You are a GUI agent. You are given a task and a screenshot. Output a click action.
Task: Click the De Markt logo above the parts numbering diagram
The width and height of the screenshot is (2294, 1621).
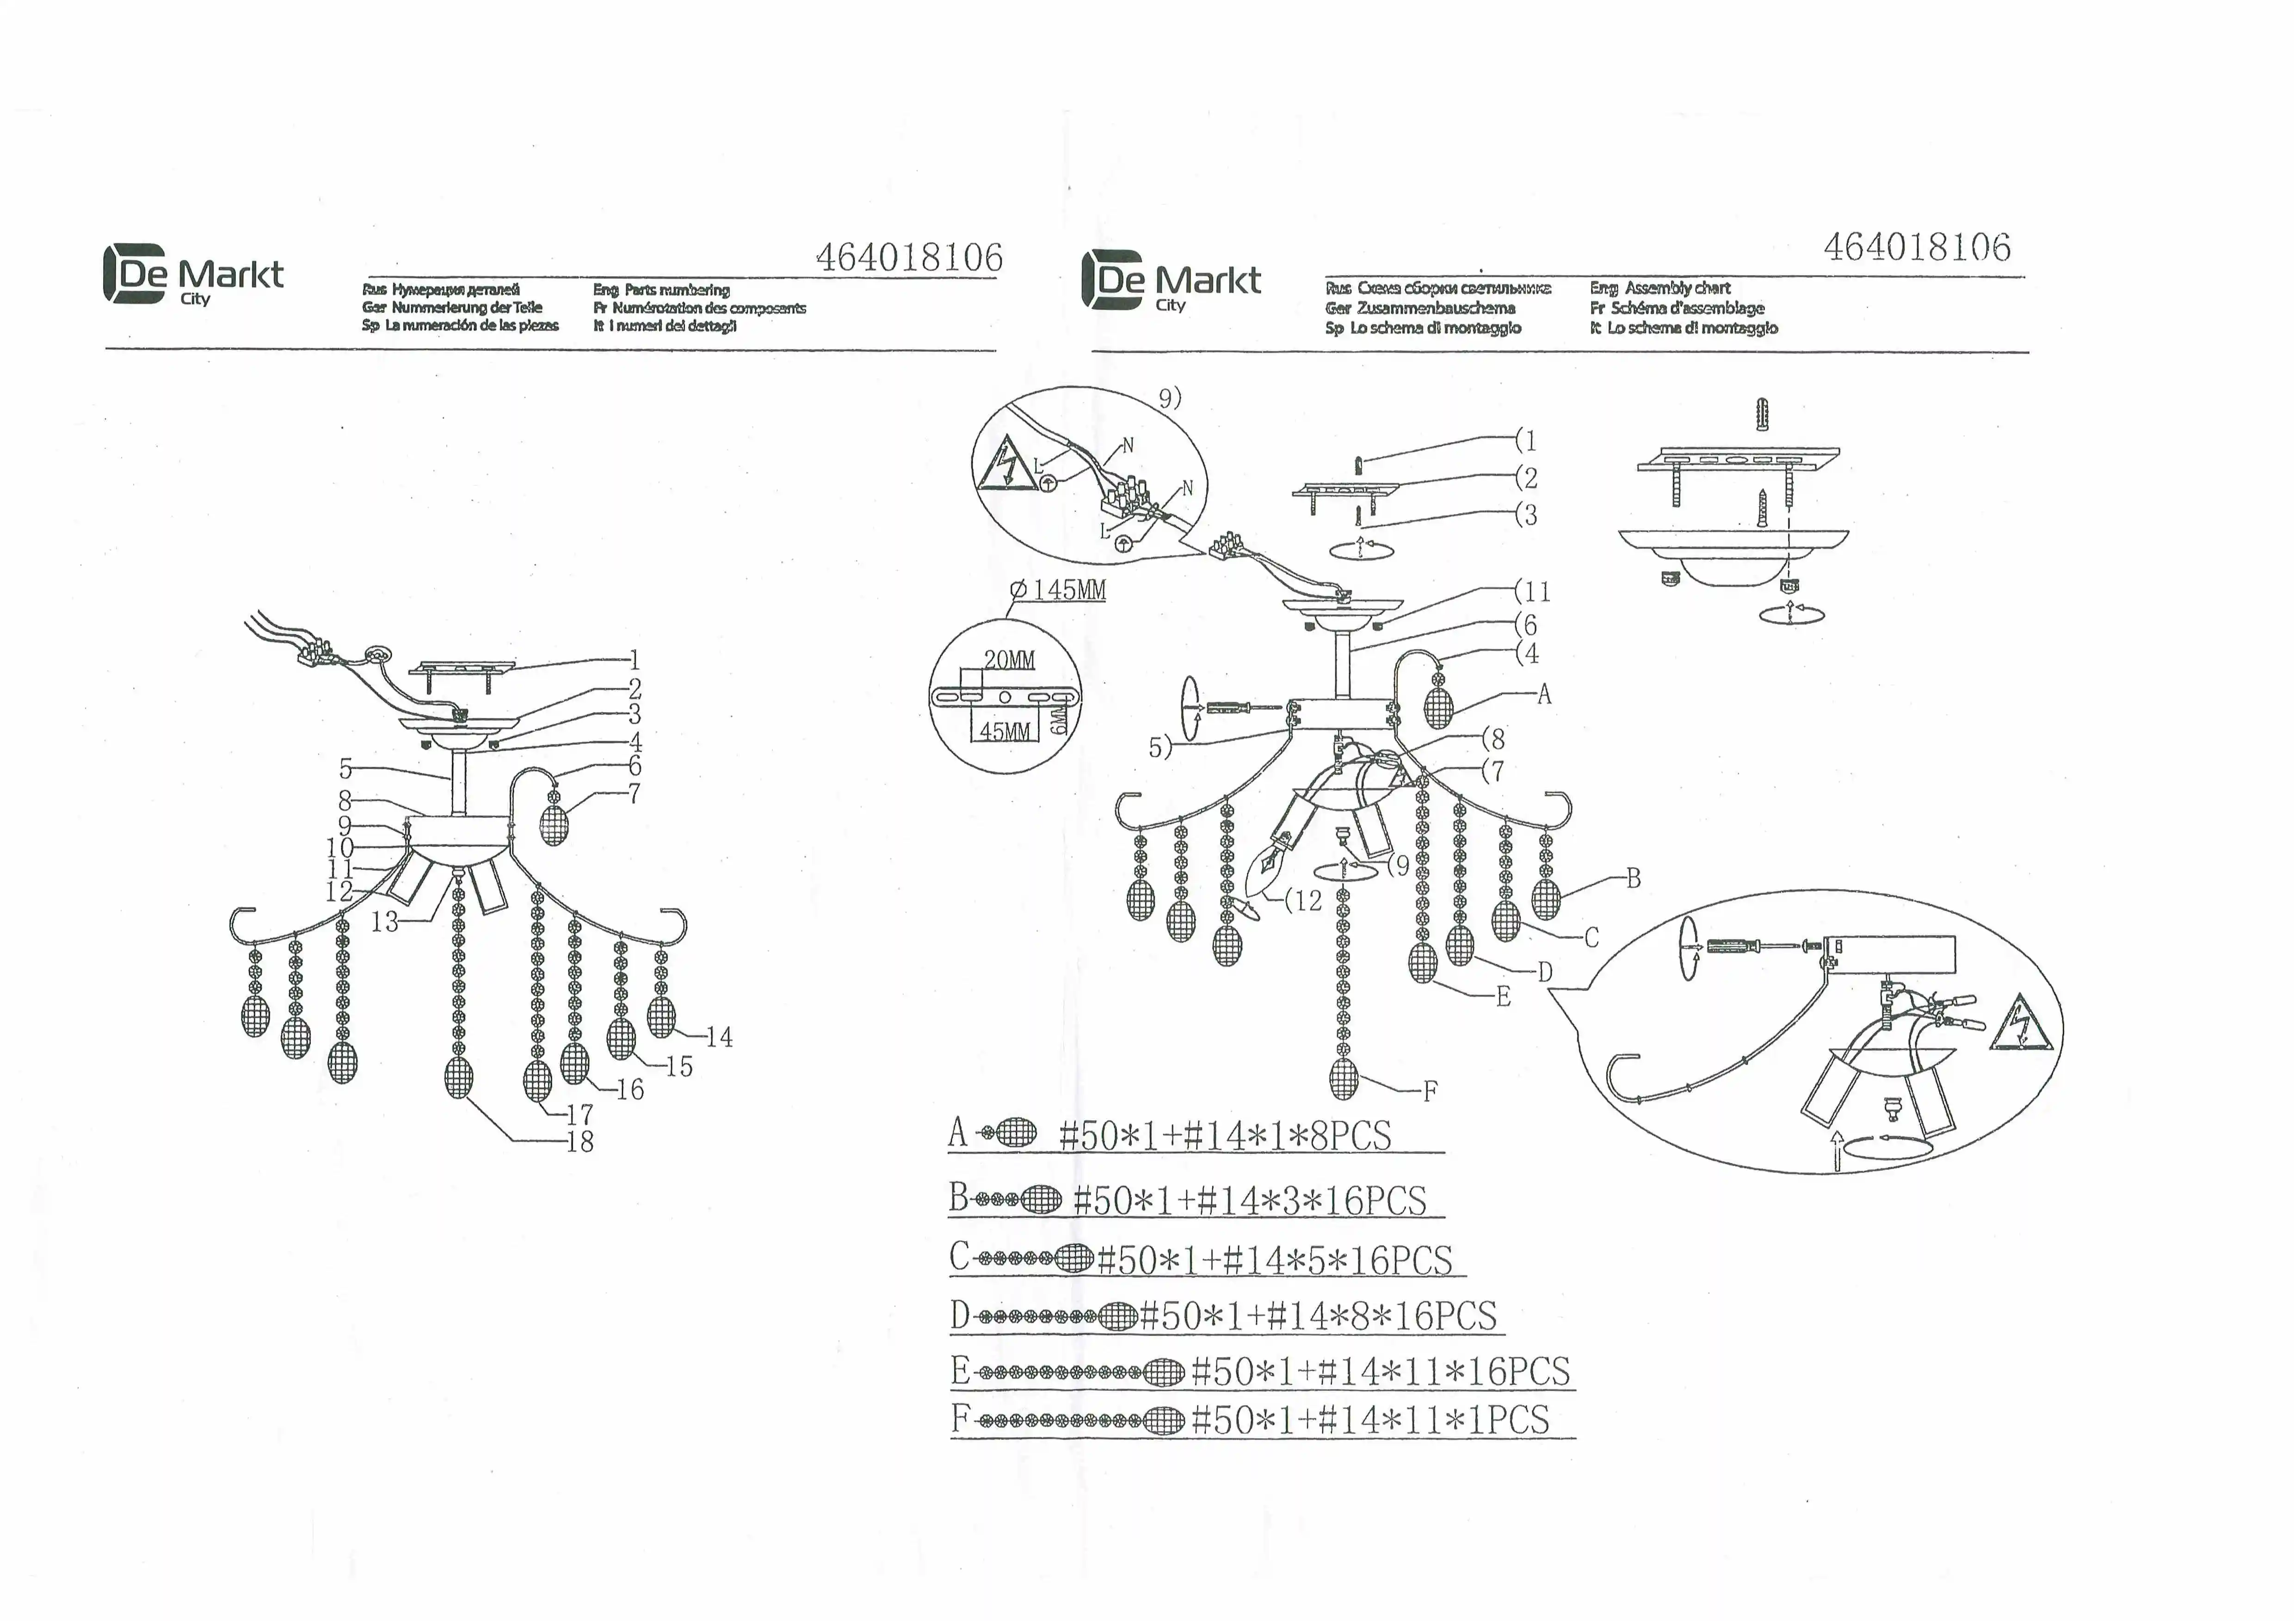(193, 275)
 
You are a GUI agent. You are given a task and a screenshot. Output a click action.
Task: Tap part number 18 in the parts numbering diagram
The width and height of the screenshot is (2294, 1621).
(580, 1142)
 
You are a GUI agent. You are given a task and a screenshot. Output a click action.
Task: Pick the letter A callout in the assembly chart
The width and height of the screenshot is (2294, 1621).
(1544, 694)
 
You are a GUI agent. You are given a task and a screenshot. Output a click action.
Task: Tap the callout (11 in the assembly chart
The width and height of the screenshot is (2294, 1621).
(1533, 591)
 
